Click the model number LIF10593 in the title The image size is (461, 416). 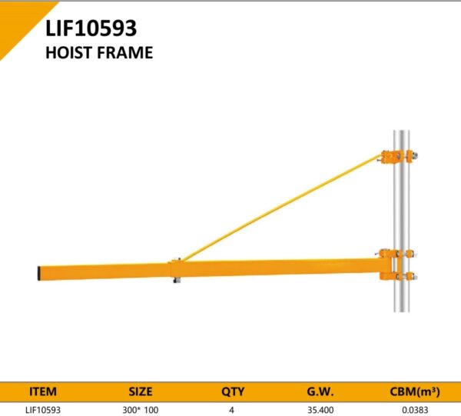click(91, 28)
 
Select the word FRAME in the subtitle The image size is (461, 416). click(124, 52)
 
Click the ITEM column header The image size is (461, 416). click(43, 391)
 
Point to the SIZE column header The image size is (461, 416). click(141, 391)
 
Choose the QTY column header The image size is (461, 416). click(233, 391)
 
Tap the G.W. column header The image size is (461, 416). click(320, 391)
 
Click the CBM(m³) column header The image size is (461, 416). click(415, 391)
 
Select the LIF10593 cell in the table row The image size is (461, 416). click(43, 410)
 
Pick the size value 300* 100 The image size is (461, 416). click(141, 410)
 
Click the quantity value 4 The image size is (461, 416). click(232, 410)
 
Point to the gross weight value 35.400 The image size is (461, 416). click(320, 410)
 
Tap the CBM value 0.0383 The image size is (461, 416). click(415, 410)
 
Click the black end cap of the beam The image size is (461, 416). click(39, 273)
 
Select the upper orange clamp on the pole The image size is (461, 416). click(399, 157)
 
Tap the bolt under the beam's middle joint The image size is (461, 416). click(177, 280)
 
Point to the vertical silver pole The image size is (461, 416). click(402, 221)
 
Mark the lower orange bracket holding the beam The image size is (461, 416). click(396, 265)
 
